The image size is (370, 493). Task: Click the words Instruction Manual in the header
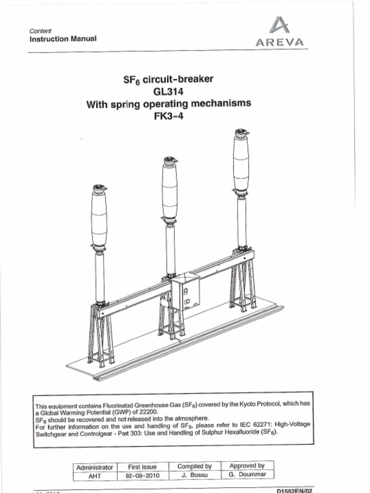coord(63,39)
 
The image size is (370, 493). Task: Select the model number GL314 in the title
coord(168,91)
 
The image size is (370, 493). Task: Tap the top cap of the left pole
coord(99,187)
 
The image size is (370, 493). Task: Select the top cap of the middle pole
coord(170,160)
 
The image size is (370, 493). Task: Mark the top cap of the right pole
coord(241,132)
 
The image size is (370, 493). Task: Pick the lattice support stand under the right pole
coord(243,284)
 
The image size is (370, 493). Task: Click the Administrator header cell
coord(95,467)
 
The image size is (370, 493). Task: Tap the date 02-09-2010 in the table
coord(142,475)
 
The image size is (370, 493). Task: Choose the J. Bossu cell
coord(194,475)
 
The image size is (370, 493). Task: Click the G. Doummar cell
coord(247,475)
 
